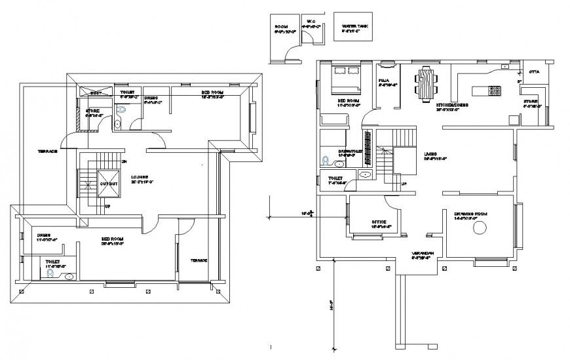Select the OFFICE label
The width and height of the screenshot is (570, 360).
click(379, 222)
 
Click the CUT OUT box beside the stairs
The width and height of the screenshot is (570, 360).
click(109, 183)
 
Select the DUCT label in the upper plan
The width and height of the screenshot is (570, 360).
click(96, 93)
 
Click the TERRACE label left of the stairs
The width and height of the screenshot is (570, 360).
click(47, 151)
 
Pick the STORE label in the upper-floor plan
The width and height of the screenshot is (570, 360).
click(92, 111)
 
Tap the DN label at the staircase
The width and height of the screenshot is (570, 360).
click(124, 161)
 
